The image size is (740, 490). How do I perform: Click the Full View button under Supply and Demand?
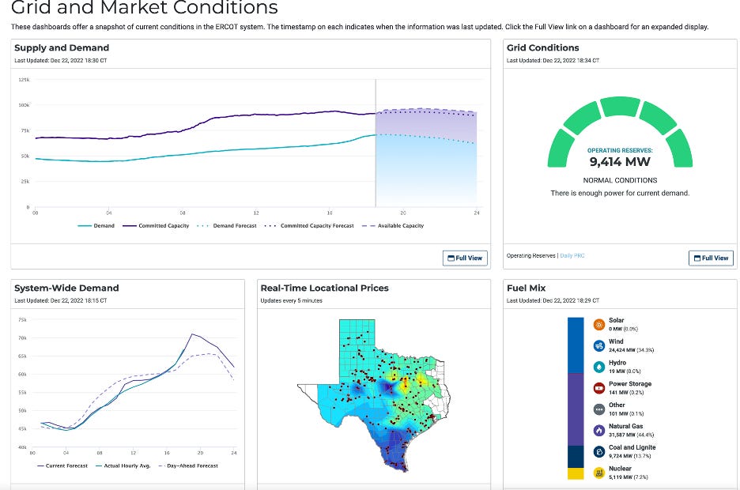[x=464, y=258]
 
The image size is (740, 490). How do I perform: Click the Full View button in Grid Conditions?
[x=711, y=258]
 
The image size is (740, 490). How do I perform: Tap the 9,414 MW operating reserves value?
[x=620, y=162]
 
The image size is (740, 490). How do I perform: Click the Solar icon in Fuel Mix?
[x=599, y=325]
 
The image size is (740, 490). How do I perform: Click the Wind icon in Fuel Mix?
[x=599, y=345]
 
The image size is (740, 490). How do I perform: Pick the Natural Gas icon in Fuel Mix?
[x=599, y=430]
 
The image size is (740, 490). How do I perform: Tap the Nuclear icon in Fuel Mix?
[x=599, y=473]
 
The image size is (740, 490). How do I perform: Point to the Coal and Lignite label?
[x=632, y=447]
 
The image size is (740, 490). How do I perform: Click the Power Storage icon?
[x=599, y=388]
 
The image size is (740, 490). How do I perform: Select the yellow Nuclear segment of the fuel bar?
[x=576, y=473]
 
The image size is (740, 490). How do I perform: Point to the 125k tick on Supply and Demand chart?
[x=23, y=80]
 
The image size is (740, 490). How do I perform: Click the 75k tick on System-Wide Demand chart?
[x=22, y=320]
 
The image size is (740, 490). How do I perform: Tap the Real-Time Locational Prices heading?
[x=324, y=288]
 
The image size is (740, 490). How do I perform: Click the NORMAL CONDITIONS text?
[x=620, y=180]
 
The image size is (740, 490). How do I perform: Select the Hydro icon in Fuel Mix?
[x=599, y=367]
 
